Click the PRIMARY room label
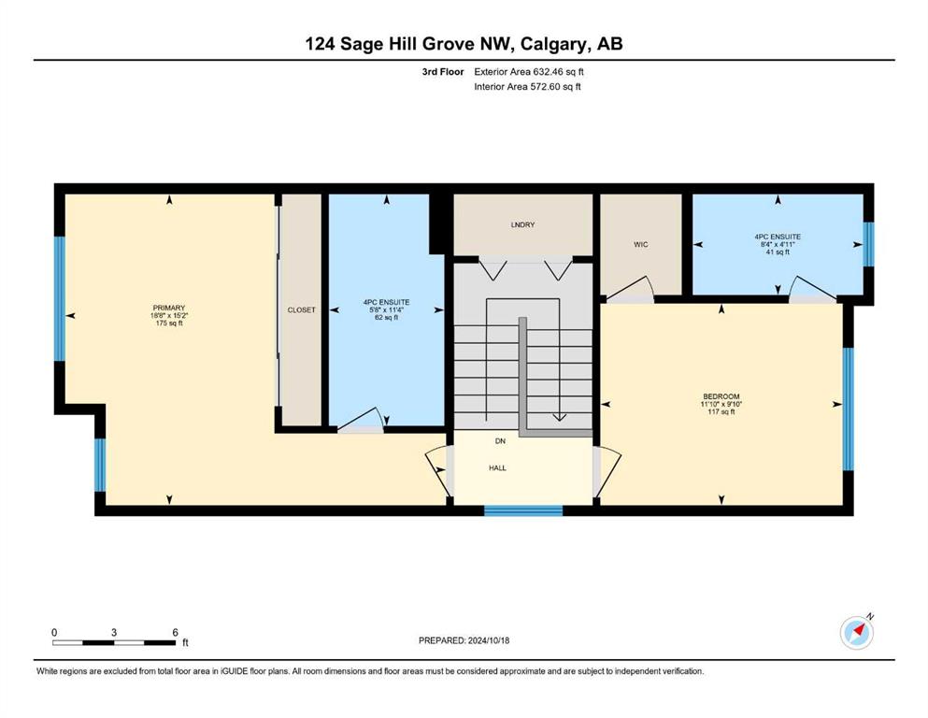tap(168, 308)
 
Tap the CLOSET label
tap(301, 310)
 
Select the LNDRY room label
tap(522, 225)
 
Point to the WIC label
tap(641, 244)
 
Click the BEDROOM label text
tap(721, 396)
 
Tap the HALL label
tap(497, 467)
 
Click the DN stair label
tap(500, 441)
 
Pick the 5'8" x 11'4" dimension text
tap(386, 309)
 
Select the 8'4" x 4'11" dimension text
tap(778, 244)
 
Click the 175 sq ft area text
tap(169, 323)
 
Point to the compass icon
tap(857, 632)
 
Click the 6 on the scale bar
tap(175, 632)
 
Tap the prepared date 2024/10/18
tap(488, 640)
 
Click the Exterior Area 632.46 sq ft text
tap(529, 72)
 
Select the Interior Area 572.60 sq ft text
tap(527, 86)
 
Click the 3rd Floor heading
tap(443, 72)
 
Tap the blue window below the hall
tap(523, 510)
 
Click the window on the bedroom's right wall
tap(849, 409)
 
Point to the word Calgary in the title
tap(554, 44)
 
